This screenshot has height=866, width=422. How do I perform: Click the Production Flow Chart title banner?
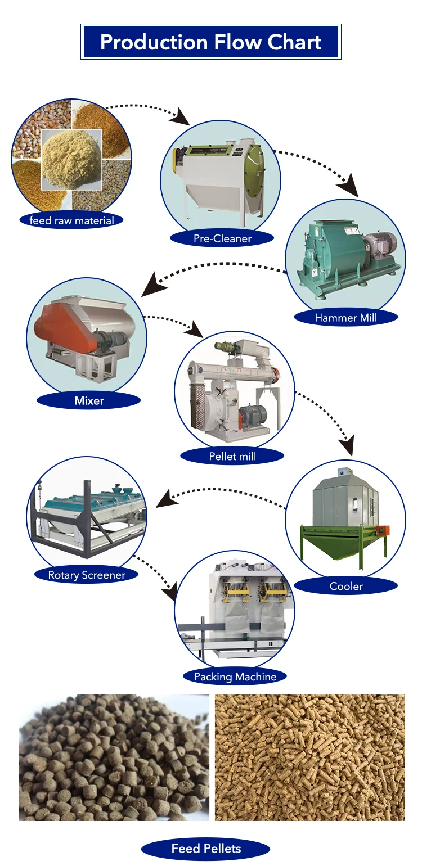tap(211, 42)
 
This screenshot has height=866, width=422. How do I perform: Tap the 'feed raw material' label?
tap(71, 220)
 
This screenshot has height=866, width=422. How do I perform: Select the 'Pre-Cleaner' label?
tap(222, 238)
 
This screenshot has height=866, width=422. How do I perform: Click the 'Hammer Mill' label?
tap(345, 318)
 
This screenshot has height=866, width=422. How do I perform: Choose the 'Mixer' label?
tap(89, 401)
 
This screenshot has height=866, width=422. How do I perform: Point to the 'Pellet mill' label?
tap(232, 456)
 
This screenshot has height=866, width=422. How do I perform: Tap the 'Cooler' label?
tap(346, 586)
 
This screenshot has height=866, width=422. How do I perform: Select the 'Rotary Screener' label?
tap(86, 575)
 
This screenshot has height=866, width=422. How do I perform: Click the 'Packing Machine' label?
tap(235, 676)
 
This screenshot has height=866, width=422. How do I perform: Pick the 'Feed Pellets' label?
tap(206, 849)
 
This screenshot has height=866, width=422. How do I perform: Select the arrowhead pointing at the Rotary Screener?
tap(164, 498)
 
